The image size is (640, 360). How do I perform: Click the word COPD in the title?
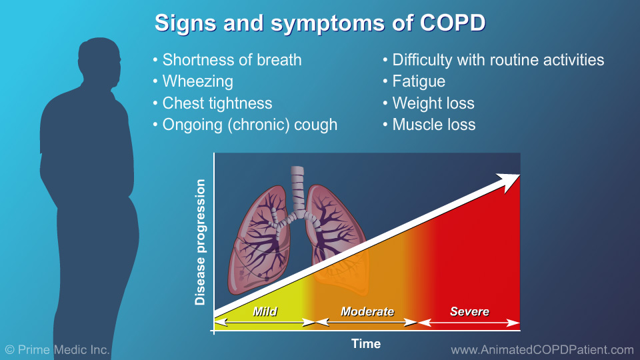pyautogui.click(x=453, y=23)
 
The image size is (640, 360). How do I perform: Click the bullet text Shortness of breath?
pyautogui.click(x=232, y=60)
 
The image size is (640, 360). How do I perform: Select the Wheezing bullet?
pyautogui.click(x=198, y=81)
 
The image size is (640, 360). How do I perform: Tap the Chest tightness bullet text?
pyautogui.click(x=217, y=103)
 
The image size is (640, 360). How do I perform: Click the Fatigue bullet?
pyautogui.click(x=419, y=81)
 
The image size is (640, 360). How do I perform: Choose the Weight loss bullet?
pyautogui.click(x=433, y=103)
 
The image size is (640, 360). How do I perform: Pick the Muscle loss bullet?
pyautogui.click(x=434, y=125)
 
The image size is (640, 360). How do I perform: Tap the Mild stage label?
pyautogui.click(x=265, y=311)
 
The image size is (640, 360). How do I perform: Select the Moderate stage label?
pyautogui.click(x=367, y=311)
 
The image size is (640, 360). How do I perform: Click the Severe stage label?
pyautogui.click(x=469, y=311)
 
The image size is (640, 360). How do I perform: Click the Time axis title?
pyautogui.click(x=366, y=344)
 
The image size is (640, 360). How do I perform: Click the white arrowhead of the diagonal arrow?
pyautogui.click(x=510, y=179)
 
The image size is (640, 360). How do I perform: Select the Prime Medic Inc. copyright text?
pyautogui.click(x=57, y=349)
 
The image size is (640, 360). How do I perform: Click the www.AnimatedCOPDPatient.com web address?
pyautogui.click(x=542, y=349)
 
